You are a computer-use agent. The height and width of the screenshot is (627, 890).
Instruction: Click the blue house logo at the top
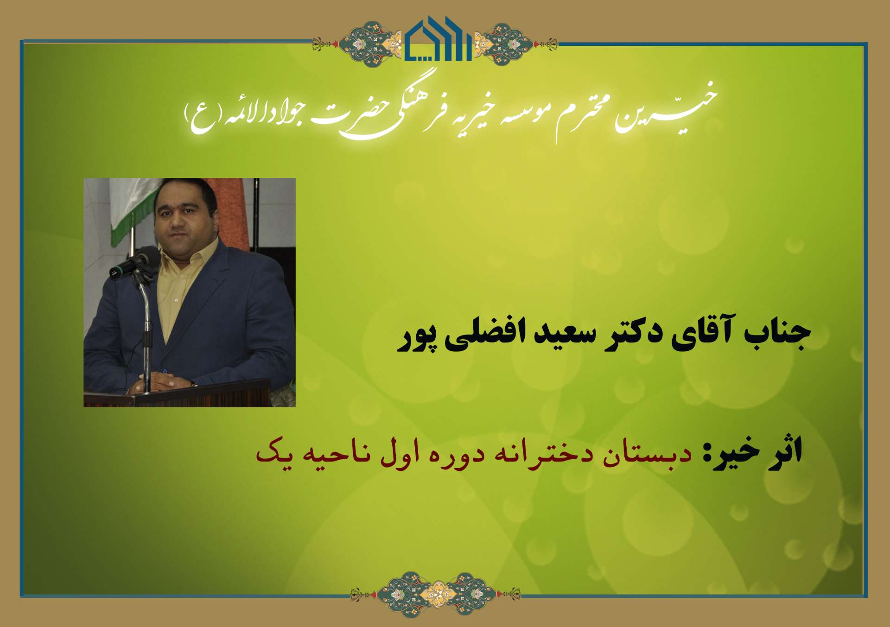coord(438,39)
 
